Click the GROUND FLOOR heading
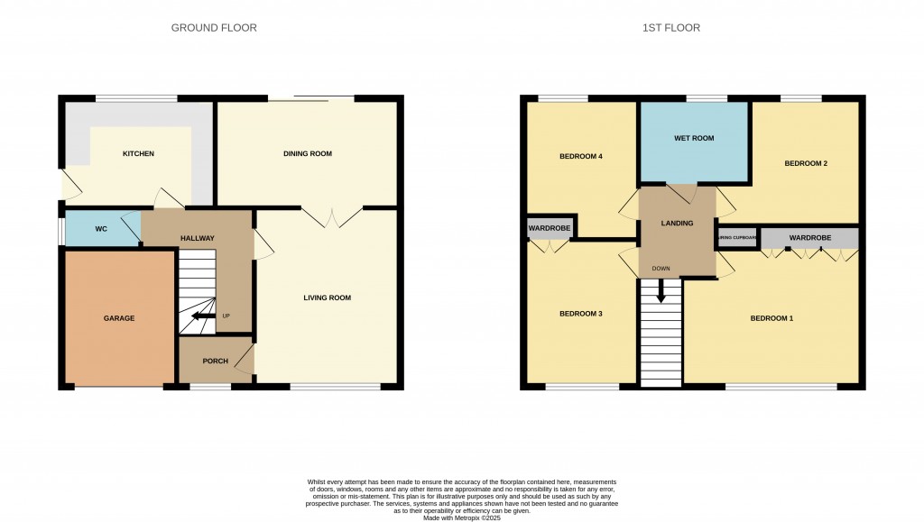click(x=214, y=28)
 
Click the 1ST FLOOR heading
click(x=670, y=28)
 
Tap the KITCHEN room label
click(x=138, y=154)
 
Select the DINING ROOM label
click(x=308, y=154)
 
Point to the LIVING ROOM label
click(x=326, y=298)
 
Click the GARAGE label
click(x=118, y=318)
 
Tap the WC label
click(x=101, y=229)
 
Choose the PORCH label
click(x=215, y=362)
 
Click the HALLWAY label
click(x=197, y=238)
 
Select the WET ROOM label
click(x=694, y=139)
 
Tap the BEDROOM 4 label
click(x=580, y=157)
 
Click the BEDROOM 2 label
click(x=806, y=163)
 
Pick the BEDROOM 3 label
click(x=580, y=314)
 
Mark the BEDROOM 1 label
click(x=772, y=318)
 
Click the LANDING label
click(x=677, y=224)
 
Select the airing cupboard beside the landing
click(x=736, y=238)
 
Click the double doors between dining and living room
click(x=333, y=217)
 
